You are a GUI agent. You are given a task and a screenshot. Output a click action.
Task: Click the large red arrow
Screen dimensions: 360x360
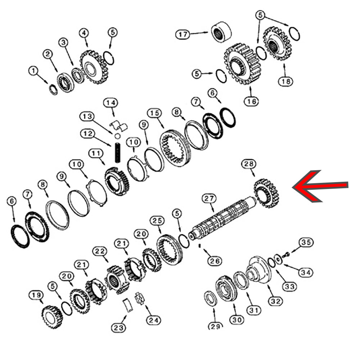pos(320,186)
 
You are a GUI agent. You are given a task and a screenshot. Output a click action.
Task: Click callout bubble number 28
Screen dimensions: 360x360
pos(249,164)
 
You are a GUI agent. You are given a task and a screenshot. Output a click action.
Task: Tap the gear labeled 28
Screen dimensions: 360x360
pos(266,193)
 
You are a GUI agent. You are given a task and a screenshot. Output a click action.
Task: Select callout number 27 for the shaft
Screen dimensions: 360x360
pos(209,198)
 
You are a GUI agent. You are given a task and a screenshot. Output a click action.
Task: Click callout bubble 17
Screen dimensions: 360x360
pos(183,35)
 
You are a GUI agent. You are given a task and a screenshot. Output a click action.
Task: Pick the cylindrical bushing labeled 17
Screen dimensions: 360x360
pos(221,32)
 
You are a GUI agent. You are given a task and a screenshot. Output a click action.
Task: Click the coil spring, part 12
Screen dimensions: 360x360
pos(117,153)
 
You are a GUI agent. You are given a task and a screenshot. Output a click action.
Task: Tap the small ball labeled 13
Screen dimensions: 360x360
pos(117,136)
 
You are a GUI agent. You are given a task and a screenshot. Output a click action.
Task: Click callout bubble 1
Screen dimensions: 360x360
pos(33,71)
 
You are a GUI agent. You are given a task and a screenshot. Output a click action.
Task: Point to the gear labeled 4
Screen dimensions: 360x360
pos(94,67)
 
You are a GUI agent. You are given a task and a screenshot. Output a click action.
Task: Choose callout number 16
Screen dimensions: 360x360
pos(251,101)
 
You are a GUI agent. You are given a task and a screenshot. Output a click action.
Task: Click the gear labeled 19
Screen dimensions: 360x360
pos(52,317)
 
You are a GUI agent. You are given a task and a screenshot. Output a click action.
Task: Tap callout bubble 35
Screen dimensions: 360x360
pos(306,242)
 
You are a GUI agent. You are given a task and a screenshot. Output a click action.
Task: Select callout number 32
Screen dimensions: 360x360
pos(275,301)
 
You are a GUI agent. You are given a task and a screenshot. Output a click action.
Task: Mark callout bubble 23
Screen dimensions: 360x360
pos(119,328)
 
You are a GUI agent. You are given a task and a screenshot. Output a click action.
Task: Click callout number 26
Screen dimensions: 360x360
pos(215,261)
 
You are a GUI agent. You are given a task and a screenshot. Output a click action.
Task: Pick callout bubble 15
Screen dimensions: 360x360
pos(154,113)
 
